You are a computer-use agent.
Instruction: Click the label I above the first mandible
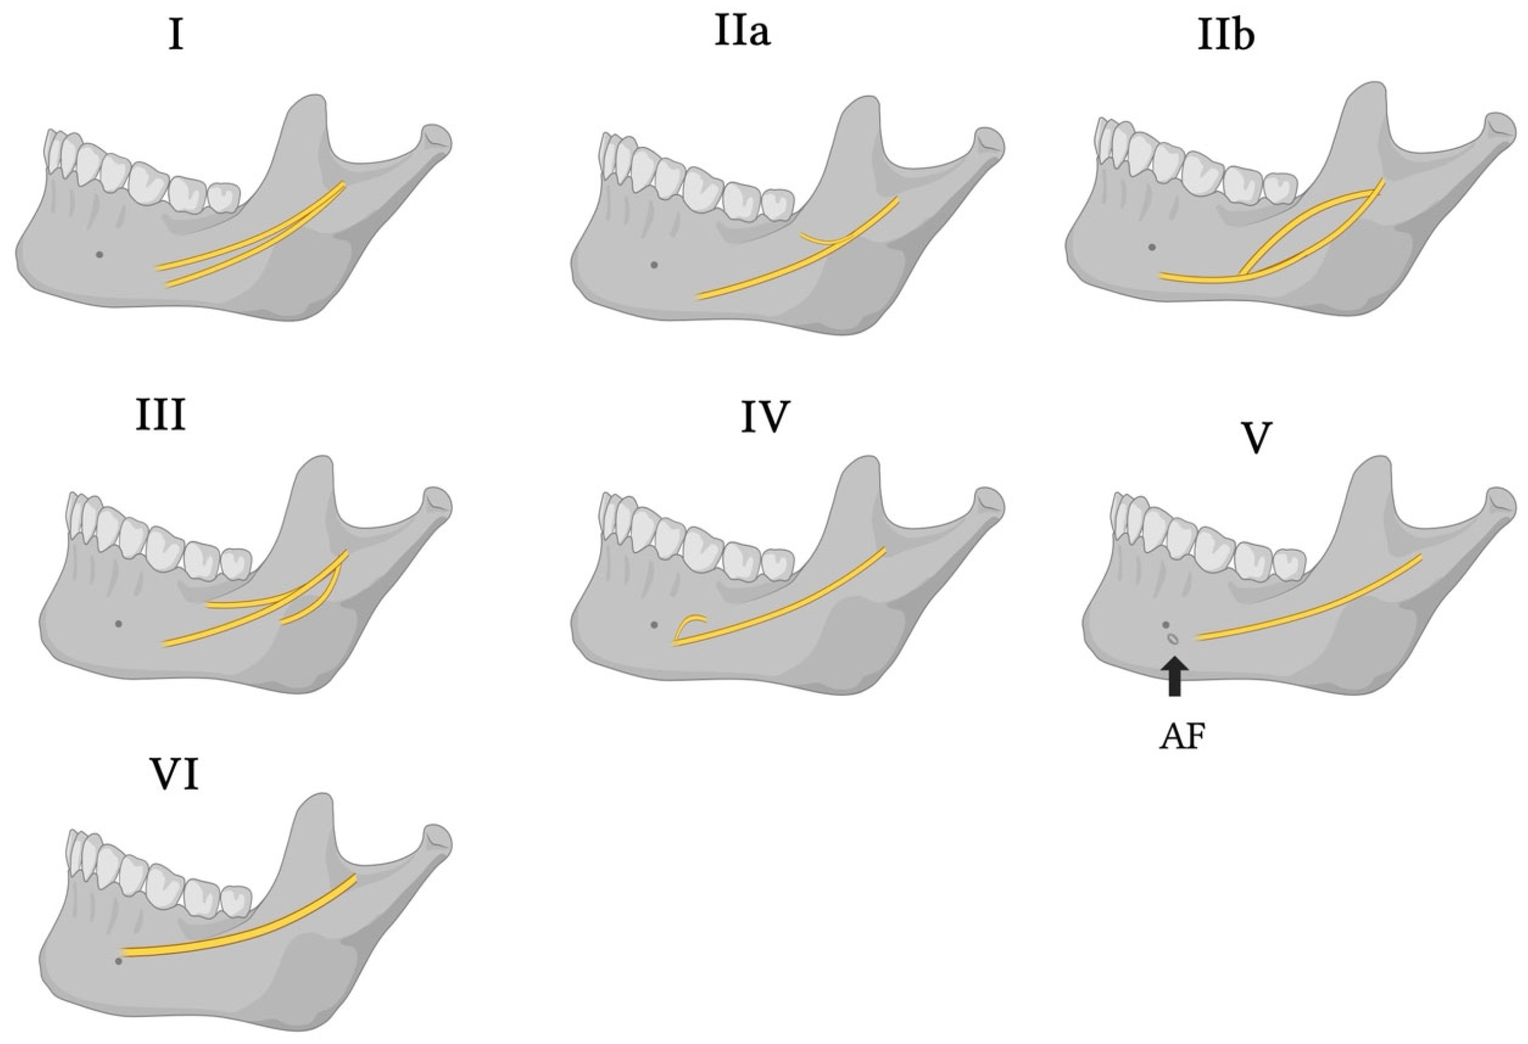pyautogui.click(x=175, y=37)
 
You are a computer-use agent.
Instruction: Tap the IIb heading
pyautogui.click(x=1226, y=37)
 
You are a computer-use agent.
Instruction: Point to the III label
pyautogui.click(x=161, y=417)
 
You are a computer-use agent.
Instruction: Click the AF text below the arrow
pyautogui.click(x=1182, y=739)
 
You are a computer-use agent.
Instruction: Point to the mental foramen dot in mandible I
pyautogui.click(x=99, y=254)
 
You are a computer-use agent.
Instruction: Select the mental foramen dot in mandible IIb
pyautogui.click(x=1150, y=247)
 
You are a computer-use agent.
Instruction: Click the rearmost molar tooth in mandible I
pyautogui.click(x=224, y=196)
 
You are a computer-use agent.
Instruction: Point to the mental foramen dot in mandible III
pyautogui.click(x=118, y=623)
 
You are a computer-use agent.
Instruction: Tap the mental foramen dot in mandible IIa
pyautogui.click(x=653, y=265)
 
